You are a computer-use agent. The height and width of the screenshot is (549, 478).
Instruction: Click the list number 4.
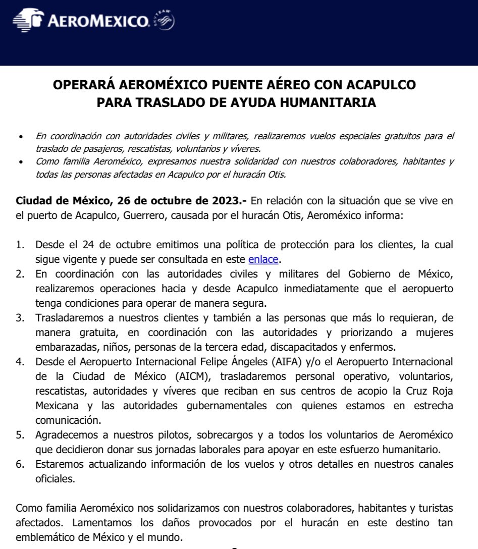(20, 362)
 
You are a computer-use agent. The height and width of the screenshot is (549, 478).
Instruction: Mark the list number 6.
(20, 464)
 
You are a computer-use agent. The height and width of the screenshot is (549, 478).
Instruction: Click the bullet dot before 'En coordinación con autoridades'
(20, 137)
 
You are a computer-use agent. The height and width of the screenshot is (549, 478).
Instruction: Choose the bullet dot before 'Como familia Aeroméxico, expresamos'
(20, 162)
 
